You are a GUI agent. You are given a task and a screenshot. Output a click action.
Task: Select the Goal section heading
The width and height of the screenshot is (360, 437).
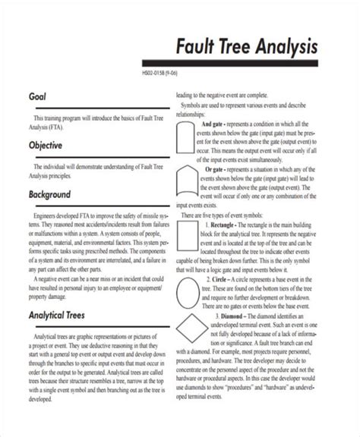click(x=39, y=99)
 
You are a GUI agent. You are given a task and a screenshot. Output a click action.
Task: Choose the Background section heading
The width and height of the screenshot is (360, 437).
click(x=55, y=195)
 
